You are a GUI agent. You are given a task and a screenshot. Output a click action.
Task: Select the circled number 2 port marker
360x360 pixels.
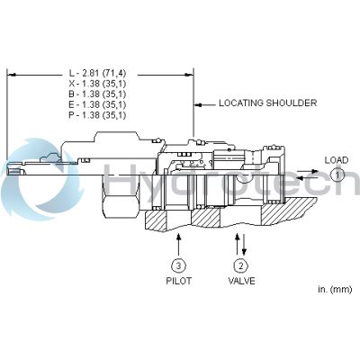tap(240, 265)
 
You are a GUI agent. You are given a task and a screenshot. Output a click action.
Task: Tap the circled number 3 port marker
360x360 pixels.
tap(179, 265)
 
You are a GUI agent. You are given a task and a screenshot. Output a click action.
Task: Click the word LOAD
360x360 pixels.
tap(336, 160)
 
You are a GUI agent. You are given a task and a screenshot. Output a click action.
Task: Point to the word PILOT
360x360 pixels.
tap(179, 281)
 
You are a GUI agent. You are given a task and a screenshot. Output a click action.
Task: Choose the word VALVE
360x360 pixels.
tap(240, 281)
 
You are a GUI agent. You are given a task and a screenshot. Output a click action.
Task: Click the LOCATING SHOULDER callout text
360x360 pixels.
tap(267, 103)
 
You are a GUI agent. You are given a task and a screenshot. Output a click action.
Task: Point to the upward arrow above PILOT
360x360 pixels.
tap(179, 242)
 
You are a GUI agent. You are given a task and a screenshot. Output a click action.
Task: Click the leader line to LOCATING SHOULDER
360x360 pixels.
tap(205, 103)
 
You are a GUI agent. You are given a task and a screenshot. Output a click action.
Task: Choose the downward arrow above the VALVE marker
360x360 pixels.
tap(244, 242)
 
